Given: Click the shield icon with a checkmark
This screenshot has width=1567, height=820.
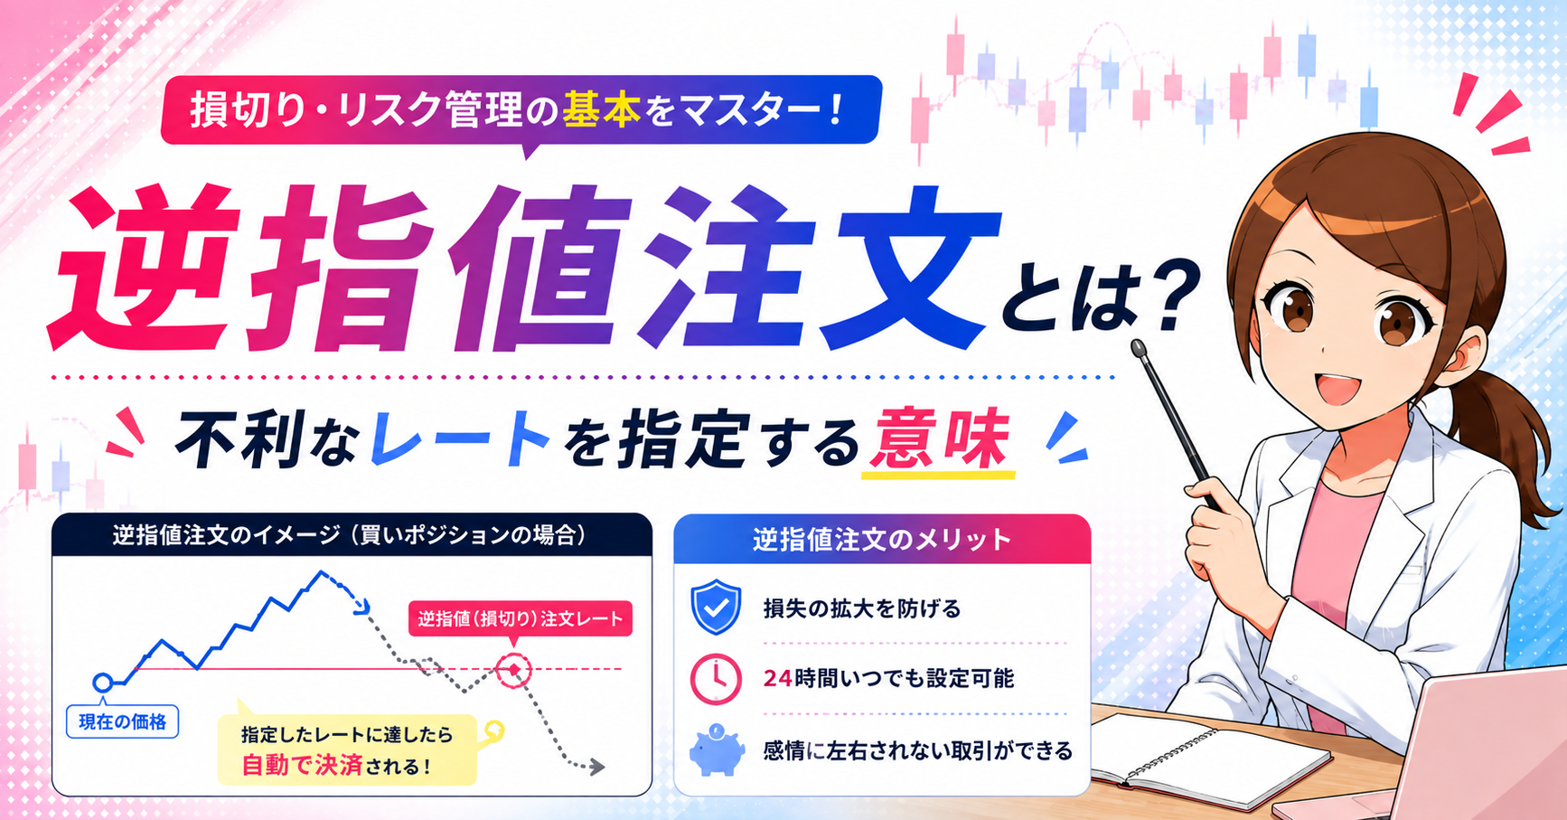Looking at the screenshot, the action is tap(716, 608).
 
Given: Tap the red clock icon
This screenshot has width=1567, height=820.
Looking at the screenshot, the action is tap(716, 679).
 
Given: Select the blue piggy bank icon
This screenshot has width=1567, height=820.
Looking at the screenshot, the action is tap(717, 749).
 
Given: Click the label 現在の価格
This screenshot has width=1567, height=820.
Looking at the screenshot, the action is tap(123, 722).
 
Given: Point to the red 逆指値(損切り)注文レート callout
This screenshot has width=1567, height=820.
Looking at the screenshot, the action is tap(520, 619).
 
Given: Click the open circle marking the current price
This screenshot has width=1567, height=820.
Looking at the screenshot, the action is tap(103, 682).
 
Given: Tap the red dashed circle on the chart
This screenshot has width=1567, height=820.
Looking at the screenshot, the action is tap(514, 670).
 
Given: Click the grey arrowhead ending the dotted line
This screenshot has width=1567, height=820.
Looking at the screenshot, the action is tap(596, 768).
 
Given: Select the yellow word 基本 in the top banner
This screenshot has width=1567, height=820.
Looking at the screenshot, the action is tap(601, 110).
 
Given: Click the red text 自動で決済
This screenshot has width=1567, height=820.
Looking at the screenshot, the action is tap(302, 766).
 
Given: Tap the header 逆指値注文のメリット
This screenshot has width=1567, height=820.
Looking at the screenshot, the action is tap(882, 540).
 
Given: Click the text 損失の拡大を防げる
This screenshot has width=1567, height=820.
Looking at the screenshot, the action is tap(862, 608).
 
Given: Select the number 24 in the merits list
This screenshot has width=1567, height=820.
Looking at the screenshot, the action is tap(777, 678).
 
